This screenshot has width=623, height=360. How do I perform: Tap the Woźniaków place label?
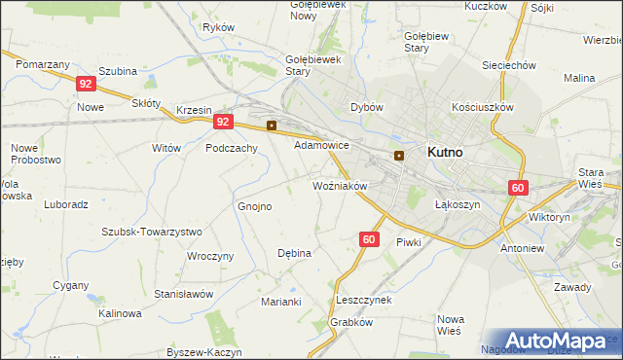coord(339,185)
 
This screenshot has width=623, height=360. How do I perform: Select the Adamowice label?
coord(321,144)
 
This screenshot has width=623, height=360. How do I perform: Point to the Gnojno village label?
coord(255,206)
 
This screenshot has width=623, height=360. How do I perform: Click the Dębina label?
coord(294,253)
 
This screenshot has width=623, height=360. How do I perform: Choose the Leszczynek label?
coord(363,300)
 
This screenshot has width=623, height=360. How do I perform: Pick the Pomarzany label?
coord(43,63)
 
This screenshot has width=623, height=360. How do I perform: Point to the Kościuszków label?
coord(483,107)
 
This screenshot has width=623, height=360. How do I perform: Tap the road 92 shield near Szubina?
coord(85,84)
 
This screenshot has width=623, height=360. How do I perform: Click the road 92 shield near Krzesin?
coord(224,122)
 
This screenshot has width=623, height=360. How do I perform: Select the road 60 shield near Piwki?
coord(368,238)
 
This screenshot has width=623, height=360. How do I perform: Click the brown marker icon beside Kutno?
coord(399,156)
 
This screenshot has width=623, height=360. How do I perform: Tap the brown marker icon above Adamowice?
coord(272,126)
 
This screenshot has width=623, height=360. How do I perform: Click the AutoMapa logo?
coord(557,342)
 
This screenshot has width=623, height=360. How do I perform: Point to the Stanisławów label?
coord(184,293)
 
